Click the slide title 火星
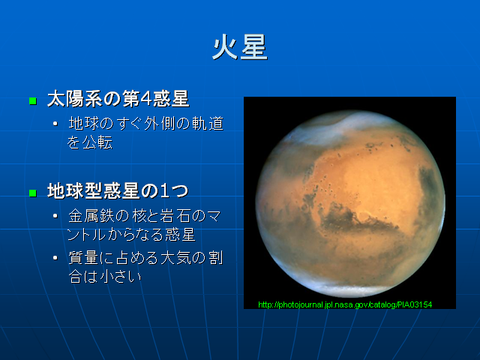(240, 47)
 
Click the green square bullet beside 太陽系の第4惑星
(33, 100)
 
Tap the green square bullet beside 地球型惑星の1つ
(33, 193)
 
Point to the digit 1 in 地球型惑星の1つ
(164, 191)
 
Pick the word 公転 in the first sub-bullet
(98, 142)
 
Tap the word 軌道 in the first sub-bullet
(208, 123)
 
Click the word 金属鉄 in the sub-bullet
(91, 216)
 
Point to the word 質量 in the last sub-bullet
(83, 257)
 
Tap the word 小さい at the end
(121, 277)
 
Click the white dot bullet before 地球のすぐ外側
(55, 124)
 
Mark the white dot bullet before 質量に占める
(55, 258)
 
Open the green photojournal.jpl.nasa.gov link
(345, 304)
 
